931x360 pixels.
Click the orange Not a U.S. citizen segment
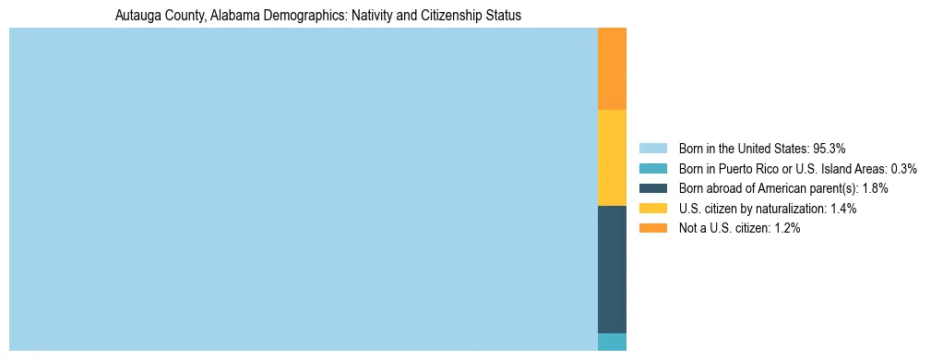tap(612, 69)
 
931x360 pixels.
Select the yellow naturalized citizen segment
tap(612, 158)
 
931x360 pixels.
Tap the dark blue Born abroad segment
tap(612, 269)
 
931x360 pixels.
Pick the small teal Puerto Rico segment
tap(612, 342)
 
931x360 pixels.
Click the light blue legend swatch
tap(652, 148)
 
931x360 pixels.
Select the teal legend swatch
tap(652, 168)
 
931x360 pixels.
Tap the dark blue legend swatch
tap(652, 188)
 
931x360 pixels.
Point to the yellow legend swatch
tap(652, 209)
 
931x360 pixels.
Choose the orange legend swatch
tap(652, 229)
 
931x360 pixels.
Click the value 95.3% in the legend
tap(830, 148)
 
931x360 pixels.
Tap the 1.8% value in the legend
tap(875, 188)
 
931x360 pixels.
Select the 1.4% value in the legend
tap(843, 209)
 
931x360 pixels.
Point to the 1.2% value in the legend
tap(787, 229)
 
